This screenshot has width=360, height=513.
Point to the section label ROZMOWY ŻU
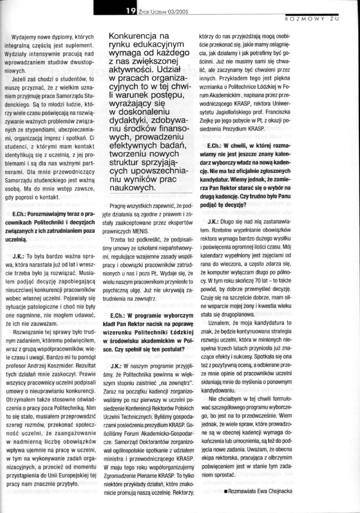(312, 19)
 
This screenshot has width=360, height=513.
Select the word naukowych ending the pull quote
(128, 187)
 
